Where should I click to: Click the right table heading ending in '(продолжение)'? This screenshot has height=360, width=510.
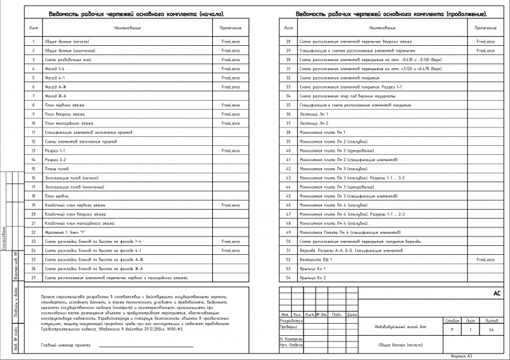tap(391, 13)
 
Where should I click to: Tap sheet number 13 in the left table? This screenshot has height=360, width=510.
tap(33, 150)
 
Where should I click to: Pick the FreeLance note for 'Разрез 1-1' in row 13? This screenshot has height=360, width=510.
tap(230, 150)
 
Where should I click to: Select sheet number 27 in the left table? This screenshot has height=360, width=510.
tap(33, 278)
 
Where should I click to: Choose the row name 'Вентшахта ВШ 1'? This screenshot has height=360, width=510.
tap(316, 260)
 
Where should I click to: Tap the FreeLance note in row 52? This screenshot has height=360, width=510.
tap(485, 260)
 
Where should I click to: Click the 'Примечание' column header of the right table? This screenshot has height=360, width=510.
tap(485, 28)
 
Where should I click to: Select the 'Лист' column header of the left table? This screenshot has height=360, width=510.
tap(33, 28)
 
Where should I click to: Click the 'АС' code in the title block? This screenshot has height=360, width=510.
tap(497, 294)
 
